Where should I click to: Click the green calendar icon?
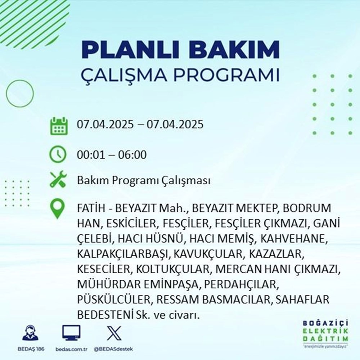click(58, 126)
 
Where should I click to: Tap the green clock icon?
click(58, 155)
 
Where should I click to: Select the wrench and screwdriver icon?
click(58, 180)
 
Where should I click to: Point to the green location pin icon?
click(58, 209)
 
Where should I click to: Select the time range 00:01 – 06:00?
click(112, 155)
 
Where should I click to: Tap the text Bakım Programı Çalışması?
click(144, 181)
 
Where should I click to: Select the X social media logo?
click(112, 333)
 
